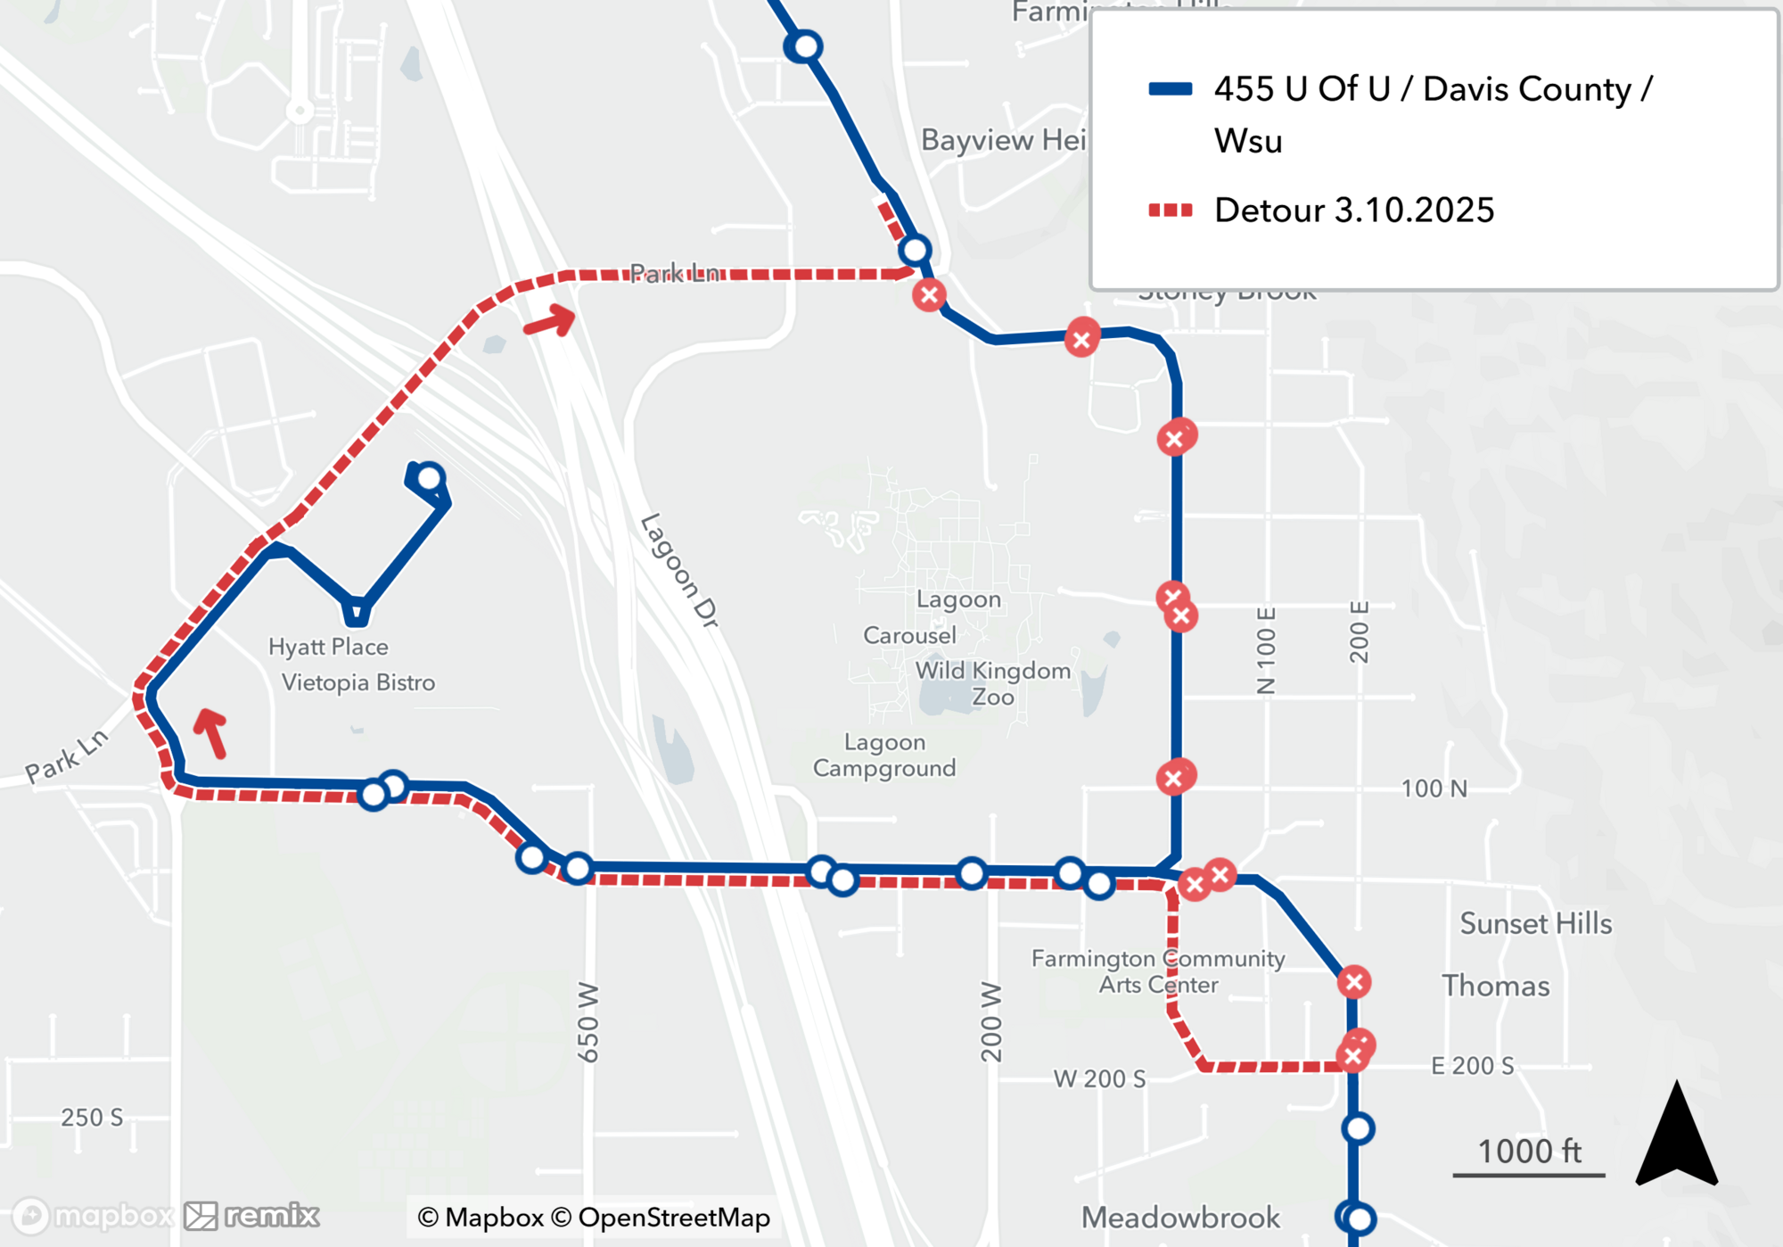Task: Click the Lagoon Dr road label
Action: coord(679,570)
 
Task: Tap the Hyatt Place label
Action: coord(328,647)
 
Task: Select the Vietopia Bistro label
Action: coord(358,682)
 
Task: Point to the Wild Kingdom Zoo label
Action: coord(993,683)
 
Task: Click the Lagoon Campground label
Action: coord(884,756)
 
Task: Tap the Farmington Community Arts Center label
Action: coord(1158,971)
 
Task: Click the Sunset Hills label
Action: coord(1535,923)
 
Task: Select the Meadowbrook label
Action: coord(1180,1218)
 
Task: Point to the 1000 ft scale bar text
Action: coord(1529,1152)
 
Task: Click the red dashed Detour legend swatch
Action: coord(1170,211)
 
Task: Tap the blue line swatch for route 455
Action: coord(1170,88)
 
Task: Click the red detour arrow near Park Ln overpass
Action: coord(550,320)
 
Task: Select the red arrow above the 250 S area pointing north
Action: coord(211,731)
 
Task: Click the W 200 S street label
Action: coord(1099,1079)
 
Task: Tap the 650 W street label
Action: coord(588,1022)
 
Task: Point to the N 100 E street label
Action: coord(1266,650)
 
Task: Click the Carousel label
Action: coord(909,635)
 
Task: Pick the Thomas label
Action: coord(1495,986)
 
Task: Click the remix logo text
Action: coord(271,1215)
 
